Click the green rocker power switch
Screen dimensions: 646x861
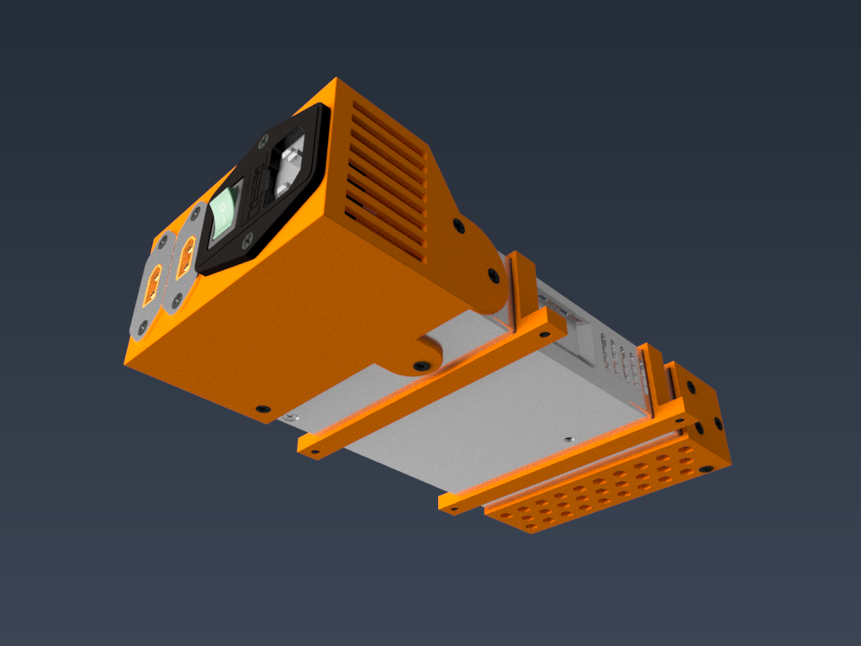[x=224, y=211]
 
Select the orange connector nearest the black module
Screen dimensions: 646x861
[x=186, y=253]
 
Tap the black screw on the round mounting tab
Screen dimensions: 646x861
[x=420, y=366]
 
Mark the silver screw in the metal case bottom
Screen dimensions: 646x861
[x=569, y=438]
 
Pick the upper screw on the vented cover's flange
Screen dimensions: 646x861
[x=458, y=225]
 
